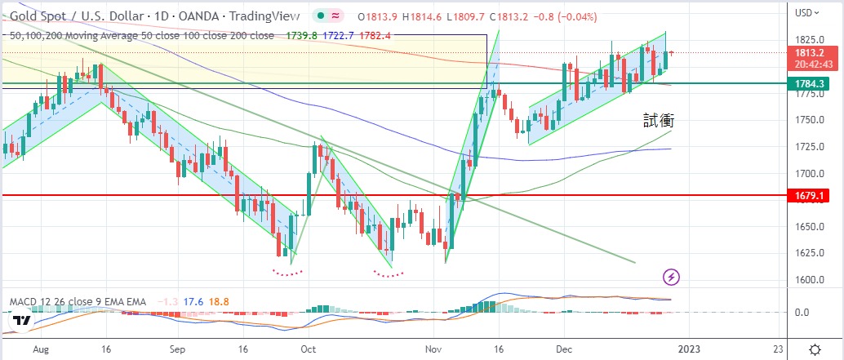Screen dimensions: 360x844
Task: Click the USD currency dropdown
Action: [x=808, y=12]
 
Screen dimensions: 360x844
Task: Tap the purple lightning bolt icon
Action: [x=671, y=277]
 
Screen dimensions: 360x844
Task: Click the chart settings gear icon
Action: [x=815, y=347]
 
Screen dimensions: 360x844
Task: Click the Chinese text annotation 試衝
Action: [x=657, y=121]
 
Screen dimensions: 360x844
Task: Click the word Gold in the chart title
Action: [x=23, y=16]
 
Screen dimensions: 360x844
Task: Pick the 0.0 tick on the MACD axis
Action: [x=803, y=312]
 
